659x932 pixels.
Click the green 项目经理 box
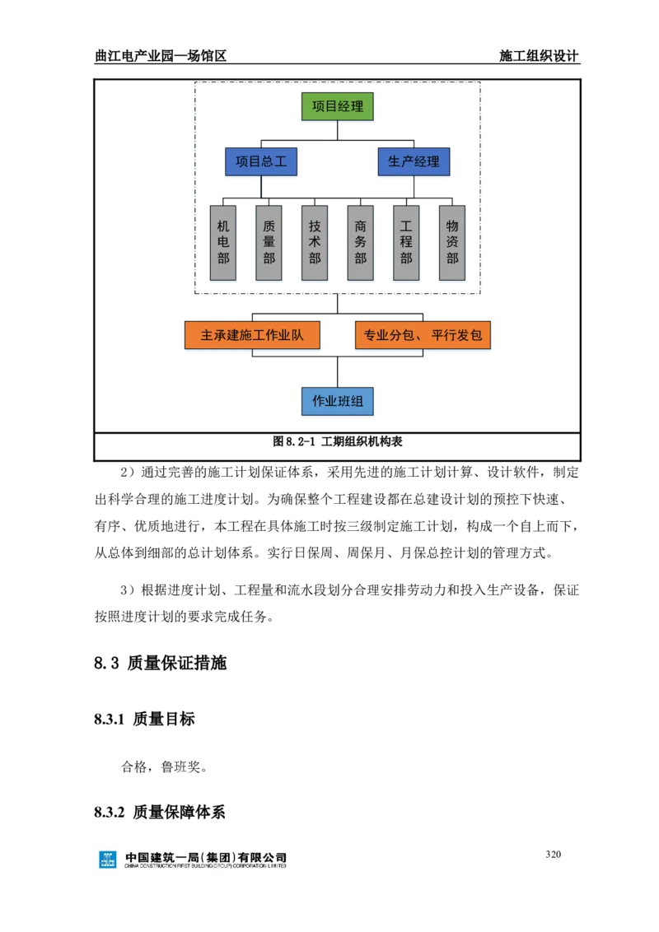pos(337,106)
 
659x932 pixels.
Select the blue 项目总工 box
pos(260,161)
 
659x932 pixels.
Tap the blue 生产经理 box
pos(414,161)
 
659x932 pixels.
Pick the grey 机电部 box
pos(223,243)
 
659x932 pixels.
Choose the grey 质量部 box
pos(269,243)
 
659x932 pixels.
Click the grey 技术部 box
pos(315,243)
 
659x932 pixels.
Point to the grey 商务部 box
pos(361,243)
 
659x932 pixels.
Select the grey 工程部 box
pos(406,243)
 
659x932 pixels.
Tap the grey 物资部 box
pos(452,243)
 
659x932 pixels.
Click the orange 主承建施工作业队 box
pos(252,335)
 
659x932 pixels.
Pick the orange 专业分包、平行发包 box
pos(423,335)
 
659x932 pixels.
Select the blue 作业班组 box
pos(337,401)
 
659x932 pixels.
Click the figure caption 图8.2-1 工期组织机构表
pos(337,441)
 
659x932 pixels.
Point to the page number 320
pos(553,854)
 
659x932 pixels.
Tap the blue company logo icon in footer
pos(108,860)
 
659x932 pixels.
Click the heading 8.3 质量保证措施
pos(160,663)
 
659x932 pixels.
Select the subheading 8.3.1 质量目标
pos(144,720)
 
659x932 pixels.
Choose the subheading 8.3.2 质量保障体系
pos(160,812)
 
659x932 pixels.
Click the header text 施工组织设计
pos(539,55)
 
